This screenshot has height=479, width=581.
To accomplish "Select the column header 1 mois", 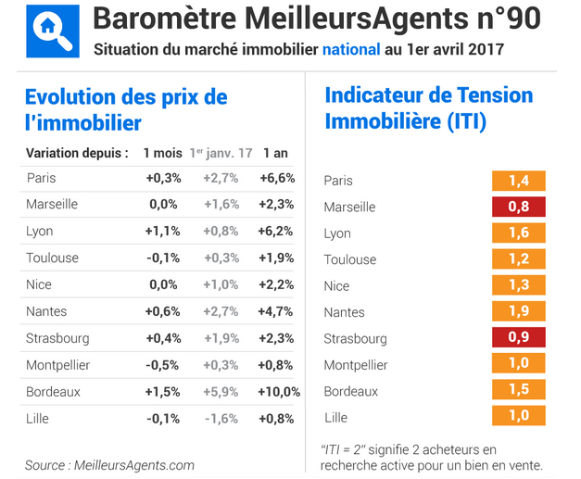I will (163, 152).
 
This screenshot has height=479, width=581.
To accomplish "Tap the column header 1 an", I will (275, 152).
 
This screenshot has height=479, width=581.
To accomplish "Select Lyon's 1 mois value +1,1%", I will (163, 232).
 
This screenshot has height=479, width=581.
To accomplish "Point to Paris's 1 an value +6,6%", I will (277, 178).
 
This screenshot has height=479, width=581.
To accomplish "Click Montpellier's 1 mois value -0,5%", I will (163, 365).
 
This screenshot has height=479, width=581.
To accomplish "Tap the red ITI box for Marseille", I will (518, 207).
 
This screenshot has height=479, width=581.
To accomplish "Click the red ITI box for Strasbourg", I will (518, 338).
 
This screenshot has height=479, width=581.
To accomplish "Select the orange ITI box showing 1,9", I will (518, 312).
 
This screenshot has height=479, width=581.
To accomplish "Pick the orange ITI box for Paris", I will (518, 181).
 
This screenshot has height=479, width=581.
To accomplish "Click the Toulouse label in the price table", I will (52, 258).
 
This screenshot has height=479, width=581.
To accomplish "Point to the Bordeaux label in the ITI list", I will (350, 392).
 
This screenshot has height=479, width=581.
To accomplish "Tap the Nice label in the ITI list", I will (336, 286).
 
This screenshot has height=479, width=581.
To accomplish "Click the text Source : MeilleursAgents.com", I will (109, 465).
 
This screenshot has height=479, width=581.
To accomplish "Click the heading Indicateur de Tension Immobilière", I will (428, 107).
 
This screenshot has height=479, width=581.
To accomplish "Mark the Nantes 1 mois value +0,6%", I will (163, 312).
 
